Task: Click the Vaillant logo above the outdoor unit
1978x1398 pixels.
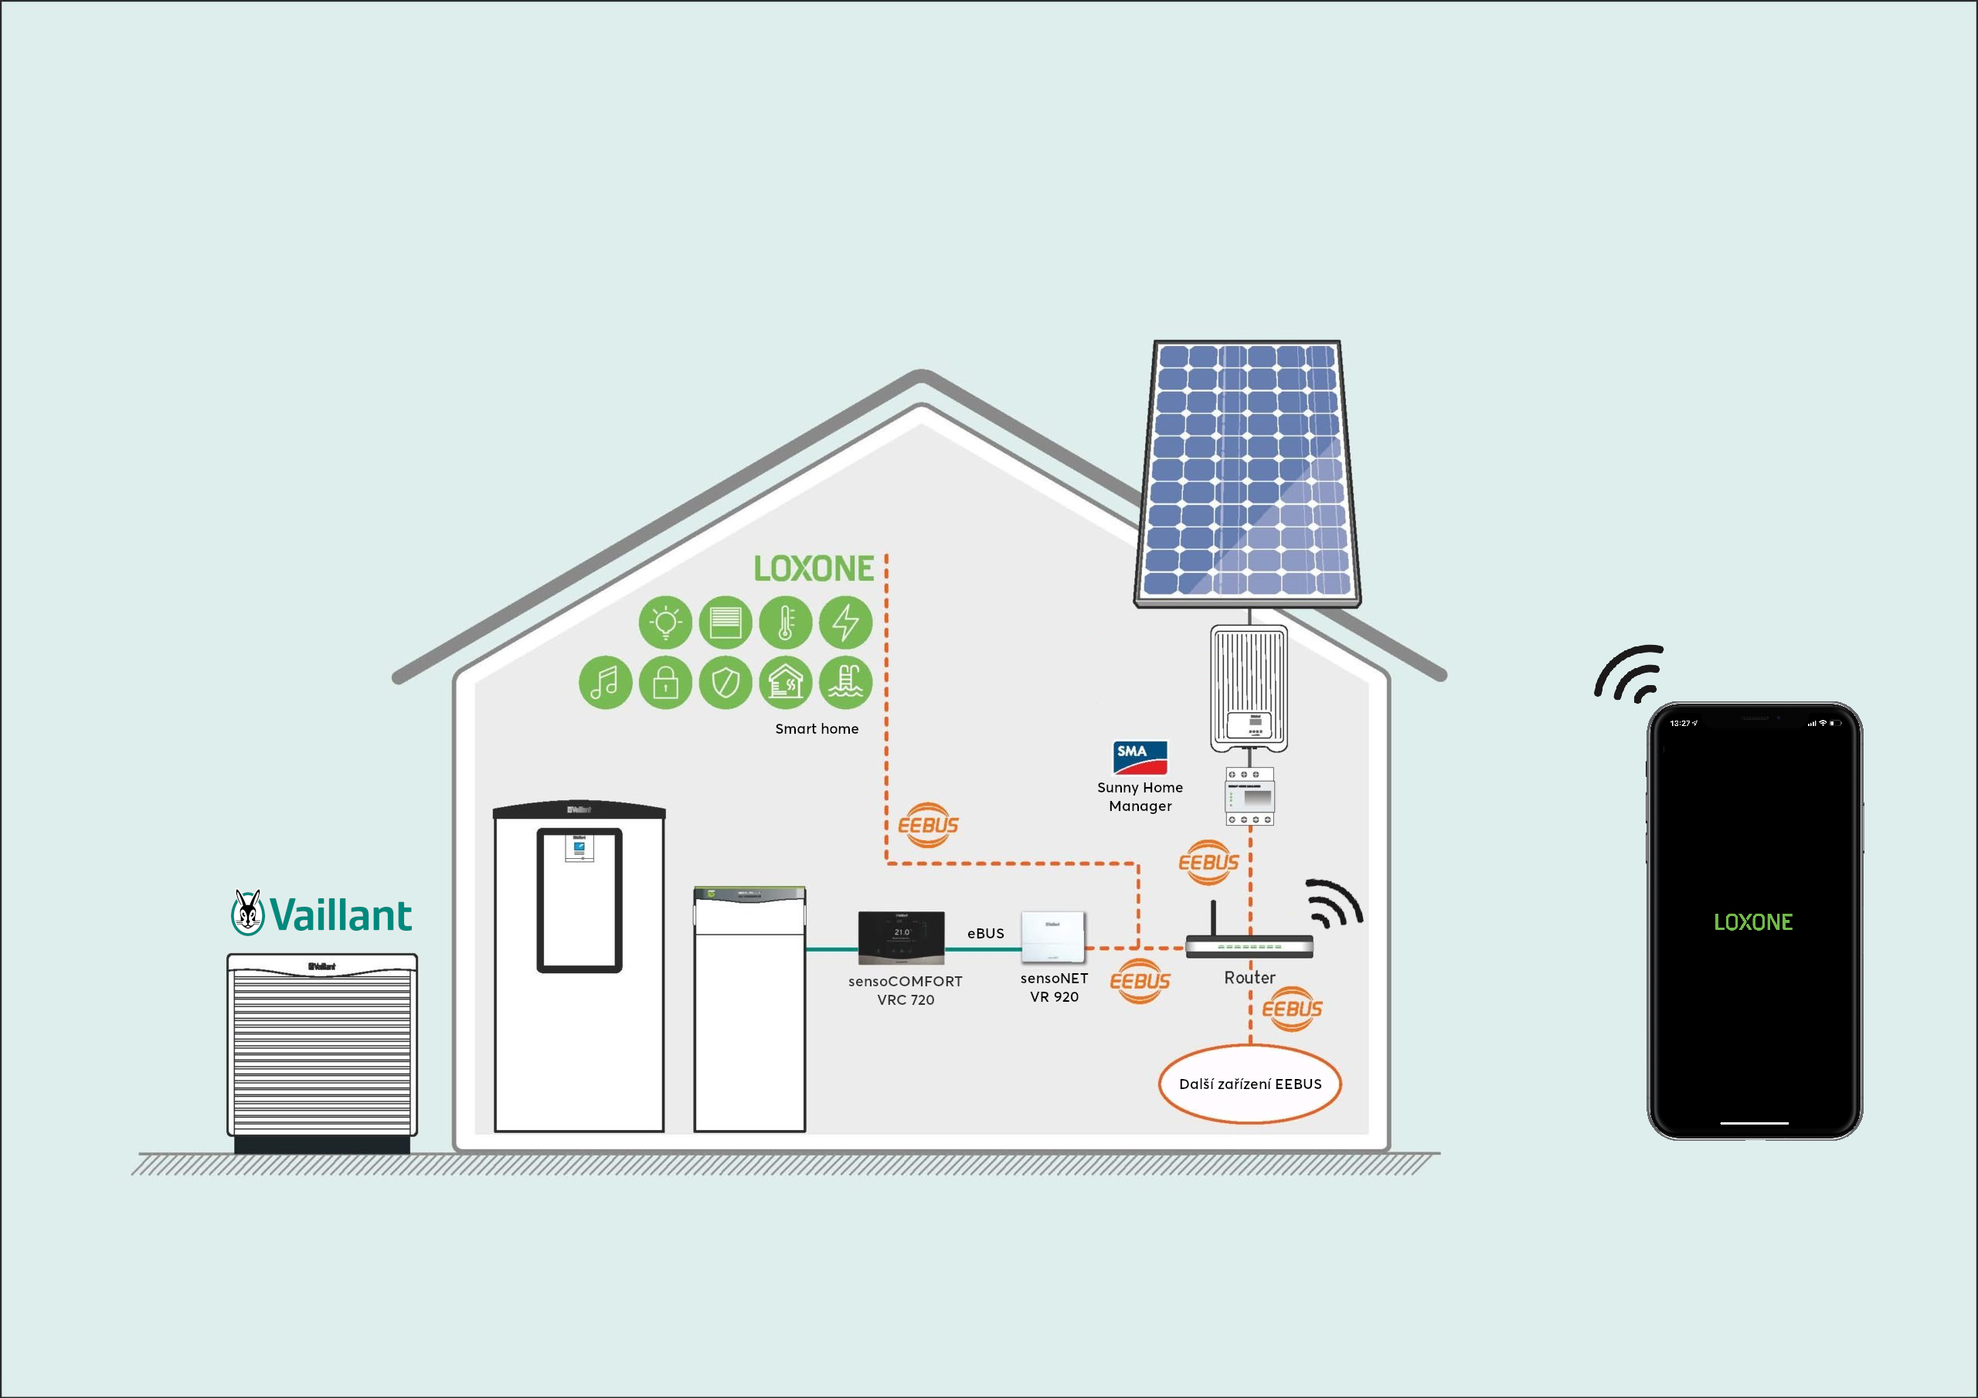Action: [x=321, y=913]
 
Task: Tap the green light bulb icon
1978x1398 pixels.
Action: [x=665, y=622]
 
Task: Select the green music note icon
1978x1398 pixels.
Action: [x=606, y=682]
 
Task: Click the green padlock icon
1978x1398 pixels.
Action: [x=665, y=682]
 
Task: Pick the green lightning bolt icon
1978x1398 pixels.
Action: [x=845, y=622]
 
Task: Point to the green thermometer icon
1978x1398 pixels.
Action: [x=785, y=622]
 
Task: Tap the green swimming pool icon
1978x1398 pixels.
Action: [x=845, y=682]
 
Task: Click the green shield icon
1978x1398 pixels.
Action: [x=726, y=682]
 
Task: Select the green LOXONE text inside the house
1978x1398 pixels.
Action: [x=814, y=568]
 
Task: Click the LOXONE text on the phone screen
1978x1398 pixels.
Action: [x=1752, y=921]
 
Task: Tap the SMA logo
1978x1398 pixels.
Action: [x=1140, y=757]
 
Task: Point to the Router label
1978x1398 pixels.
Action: [x=1249, y=977]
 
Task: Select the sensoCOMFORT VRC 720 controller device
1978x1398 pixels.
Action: [x=901, y=936]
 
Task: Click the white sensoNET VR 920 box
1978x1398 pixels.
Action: [x=1053, y=936]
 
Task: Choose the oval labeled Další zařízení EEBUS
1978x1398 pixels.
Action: [x=1249, y=1084]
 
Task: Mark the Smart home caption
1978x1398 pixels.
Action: [x=817, y=728]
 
